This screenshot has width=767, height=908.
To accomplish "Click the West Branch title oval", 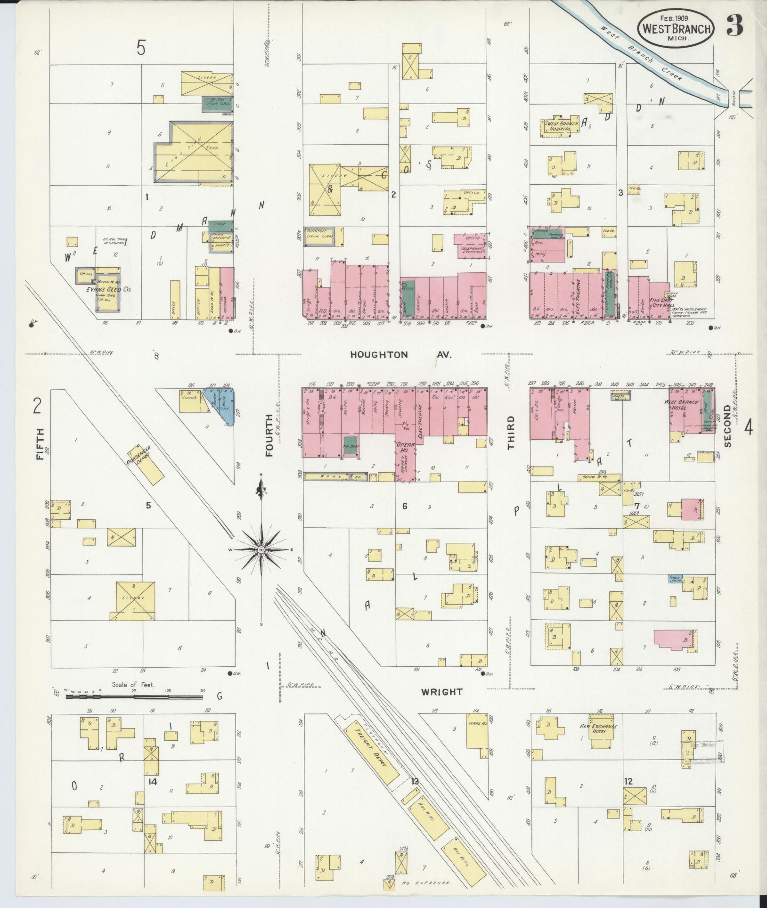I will point(675,28).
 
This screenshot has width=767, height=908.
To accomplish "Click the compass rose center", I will point(261,549).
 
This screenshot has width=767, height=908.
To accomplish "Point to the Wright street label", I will point(441,692).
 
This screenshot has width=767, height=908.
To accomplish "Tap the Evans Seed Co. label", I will point(108,290).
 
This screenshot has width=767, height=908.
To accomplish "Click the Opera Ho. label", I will point(404,447).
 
